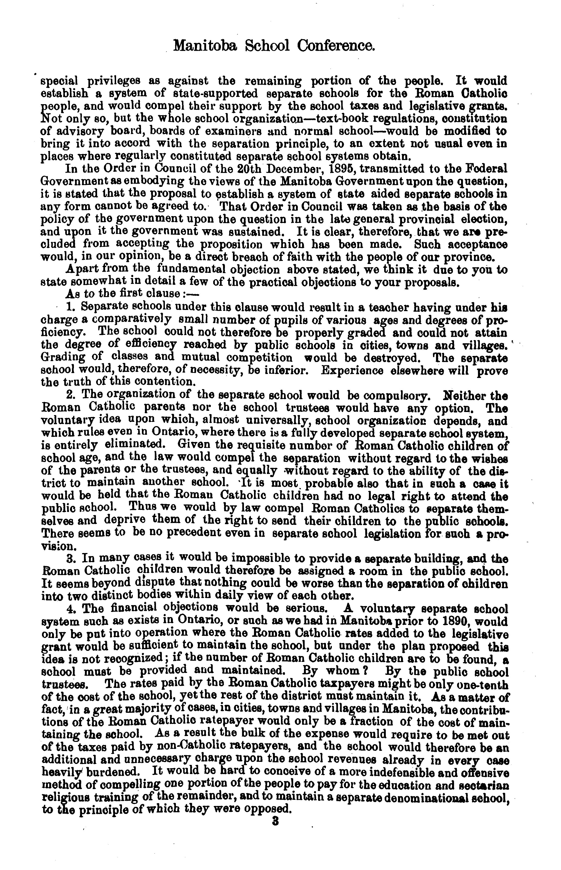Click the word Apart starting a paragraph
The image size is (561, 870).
80,270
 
